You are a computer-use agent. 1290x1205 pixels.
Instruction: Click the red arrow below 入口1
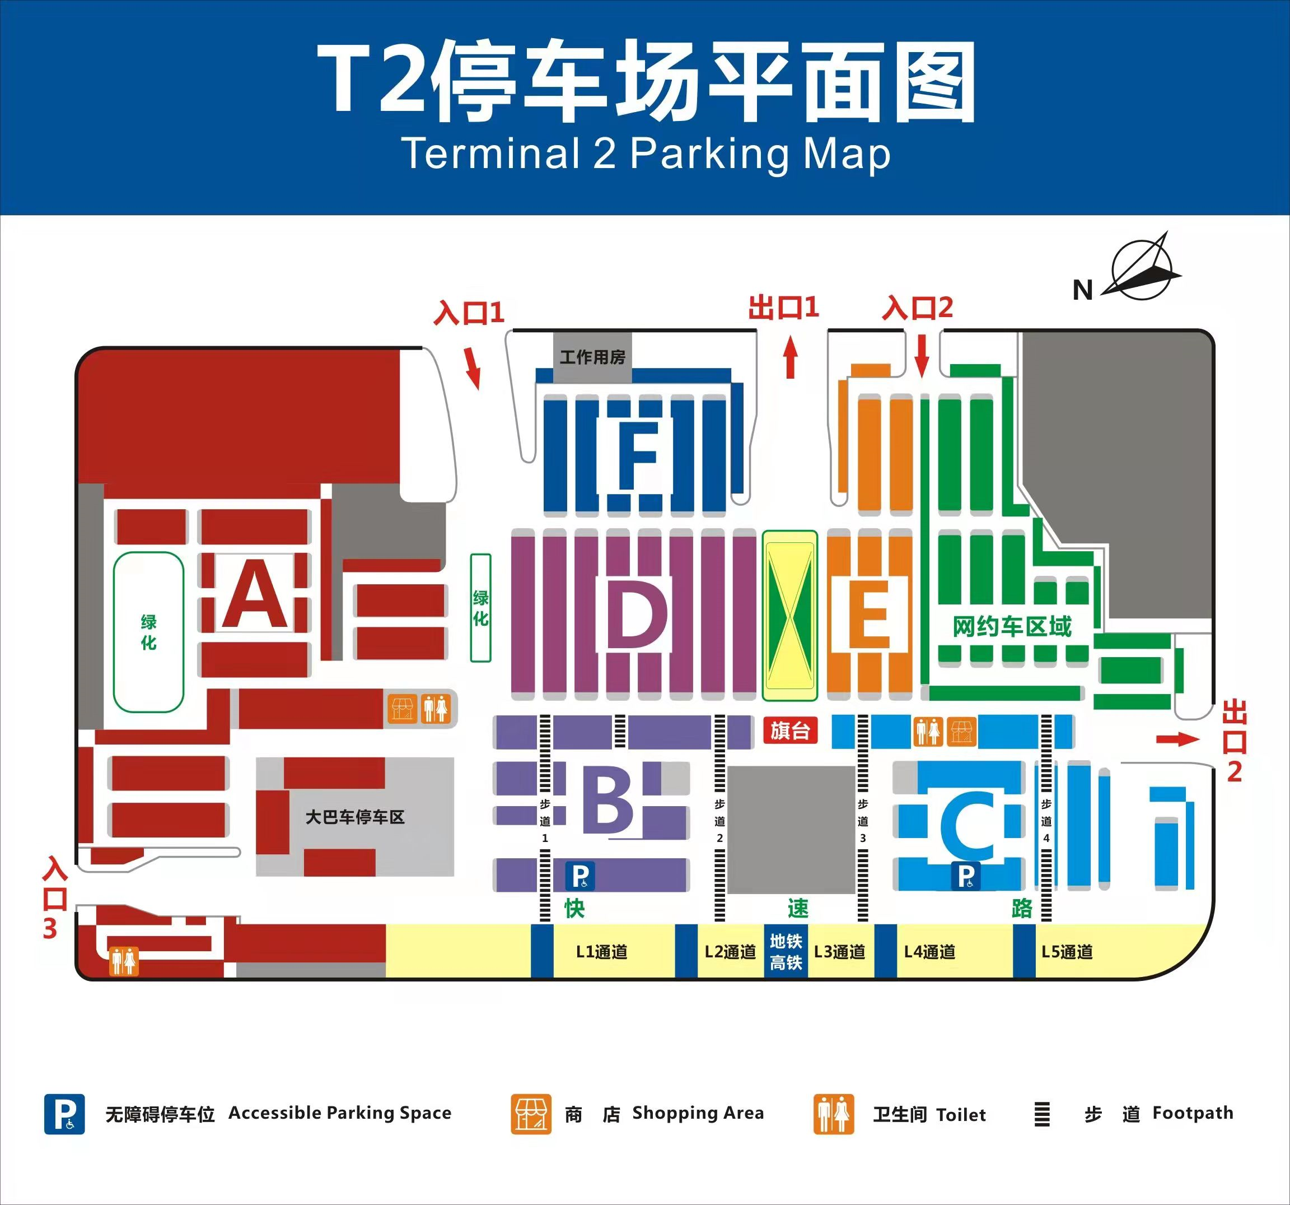point(474,367)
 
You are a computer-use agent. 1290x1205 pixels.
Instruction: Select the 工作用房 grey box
point(592,357)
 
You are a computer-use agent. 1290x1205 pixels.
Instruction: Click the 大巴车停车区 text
point(355,817)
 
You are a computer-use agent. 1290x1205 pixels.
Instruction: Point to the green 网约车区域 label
point(1012,626)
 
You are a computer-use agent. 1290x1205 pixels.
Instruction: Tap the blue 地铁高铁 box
point(786,951)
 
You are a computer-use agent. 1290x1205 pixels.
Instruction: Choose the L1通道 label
point(601,952)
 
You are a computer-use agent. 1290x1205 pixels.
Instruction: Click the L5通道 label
point(1067,952)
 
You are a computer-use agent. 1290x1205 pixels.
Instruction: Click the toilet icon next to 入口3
point(123,960)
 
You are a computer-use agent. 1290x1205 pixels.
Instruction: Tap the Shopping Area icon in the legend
point(531,1114)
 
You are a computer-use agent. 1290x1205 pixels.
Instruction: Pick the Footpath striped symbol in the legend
point(1041,1114)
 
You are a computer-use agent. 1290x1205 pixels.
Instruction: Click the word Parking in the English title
point(710,155)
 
